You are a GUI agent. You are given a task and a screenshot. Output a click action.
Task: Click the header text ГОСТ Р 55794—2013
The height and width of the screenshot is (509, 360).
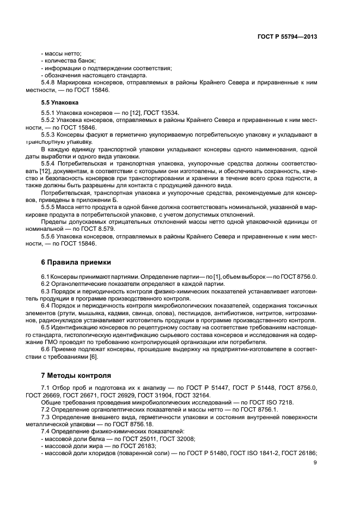pyautogui.click(x=288, y=37)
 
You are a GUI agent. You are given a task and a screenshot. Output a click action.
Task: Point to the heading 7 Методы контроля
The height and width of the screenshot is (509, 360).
pyautogui.click(x=76, y=375)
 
